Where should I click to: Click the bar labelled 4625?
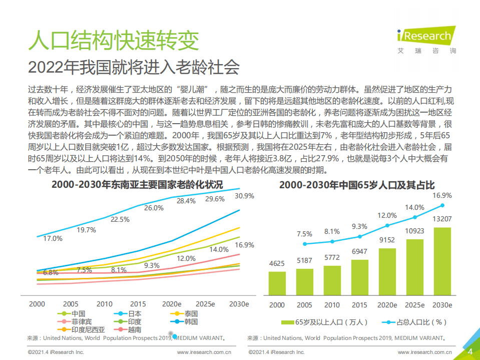click(x=277, y=283)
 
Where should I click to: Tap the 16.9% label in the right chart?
click(x=442, y=195)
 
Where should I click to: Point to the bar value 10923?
click(x=415, y=233)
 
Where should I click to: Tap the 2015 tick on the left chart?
click(x=138, y=304)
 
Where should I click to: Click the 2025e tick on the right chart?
click(x=415, y=305)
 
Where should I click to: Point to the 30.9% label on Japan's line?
click(x=244, y=195)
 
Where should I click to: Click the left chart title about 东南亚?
click(x=137, y=184)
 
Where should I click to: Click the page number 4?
click(x=470, y=351)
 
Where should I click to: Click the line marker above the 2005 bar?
click(x=304, y=244)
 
